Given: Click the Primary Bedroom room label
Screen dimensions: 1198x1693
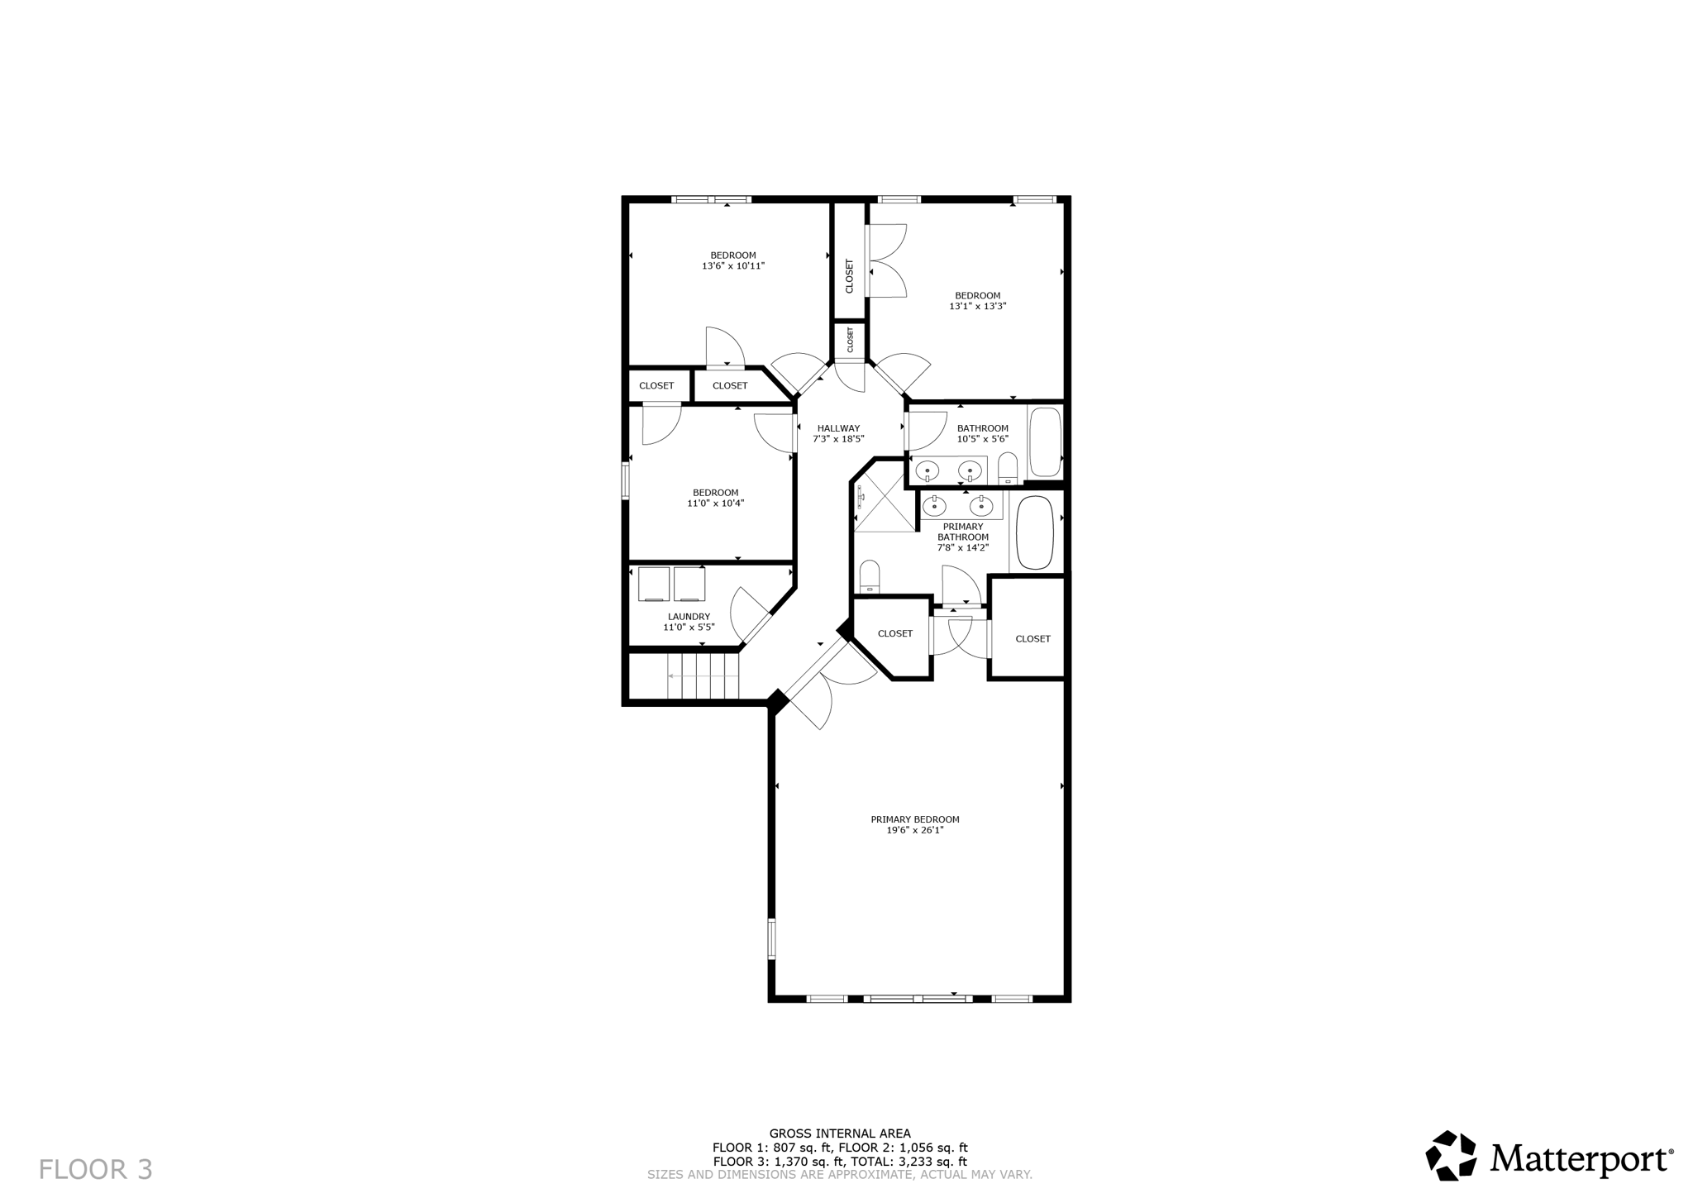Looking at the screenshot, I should click(x=914, y=819).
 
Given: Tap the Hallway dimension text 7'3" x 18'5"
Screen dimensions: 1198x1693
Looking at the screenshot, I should click(x=838, y=439).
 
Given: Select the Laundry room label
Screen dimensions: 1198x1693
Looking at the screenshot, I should click(x=689, y=617).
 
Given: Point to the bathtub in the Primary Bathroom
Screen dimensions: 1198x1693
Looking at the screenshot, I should click(x=1034, y=532).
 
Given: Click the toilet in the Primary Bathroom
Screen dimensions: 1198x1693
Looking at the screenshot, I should click(x=869, y=576).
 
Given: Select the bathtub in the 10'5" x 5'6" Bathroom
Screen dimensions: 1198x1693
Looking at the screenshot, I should click(x=1045, y=441).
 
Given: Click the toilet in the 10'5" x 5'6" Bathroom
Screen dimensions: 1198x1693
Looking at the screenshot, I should click(x=1008, y=468).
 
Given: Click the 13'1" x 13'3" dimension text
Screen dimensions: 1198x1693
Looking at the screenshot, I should click(x=977, y=306).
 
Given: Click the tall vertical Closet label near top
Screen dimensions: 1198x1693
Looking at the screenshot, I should click(x=849, y=276).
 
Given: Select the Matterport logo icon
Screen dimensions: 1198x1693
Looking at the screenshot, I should click(x=1451, y=1155).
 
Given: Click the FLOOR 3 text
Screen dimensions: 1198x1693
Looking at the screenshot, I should click(x=96, y=1169).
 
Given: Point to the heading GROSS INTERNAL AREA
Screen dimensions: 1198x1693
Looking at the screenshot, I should click(x=839, y=1134).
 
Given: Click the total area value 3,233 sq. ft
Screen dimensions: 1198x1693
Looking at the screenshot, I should click(x=933, y=1161).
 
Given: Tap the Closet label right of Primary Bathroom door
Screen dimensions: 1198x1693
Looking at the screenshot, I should click(x=1032, y=638).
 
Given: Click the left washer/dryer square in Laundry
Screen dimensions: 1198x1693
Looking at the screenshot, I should click(x=654, y=584).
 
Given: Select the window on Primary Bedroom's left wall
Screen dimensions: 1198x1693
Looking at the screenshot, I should click(x=772, y=938).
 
